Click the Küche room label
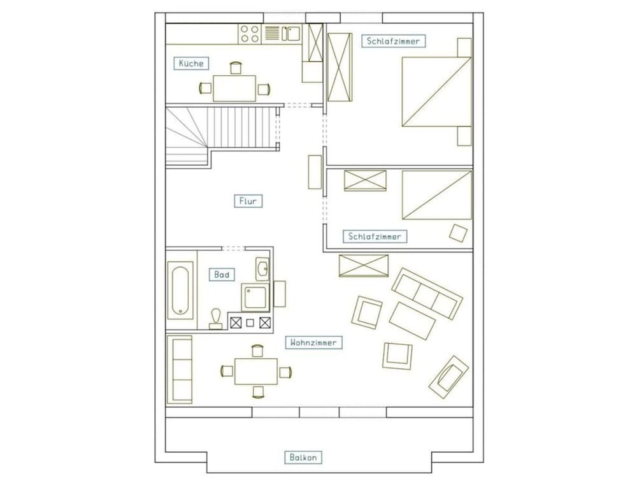coord(191,63)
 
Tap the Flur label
coord(248,201)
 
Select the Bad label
coord(222,275)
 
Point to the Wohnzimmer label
coord(313,343)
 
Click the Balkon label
coord(303,457)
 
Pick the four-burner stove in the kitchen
coord(250,34)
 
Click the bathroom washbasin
coord(262,269)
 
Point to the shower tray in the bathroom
coord(255,297)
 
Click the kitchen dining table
coord(234,88)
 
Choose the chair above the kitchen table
coord(236,68)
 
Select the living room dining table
coord(256,371)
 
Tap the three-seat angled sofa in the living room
coord(427,293)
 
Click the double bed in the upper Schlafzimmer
coord(436,92)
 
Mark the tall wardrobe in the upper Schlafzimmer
coord(340,67)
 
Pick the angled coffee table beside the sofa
coord(412,321)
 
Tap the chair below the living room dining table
coord(258,392)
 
